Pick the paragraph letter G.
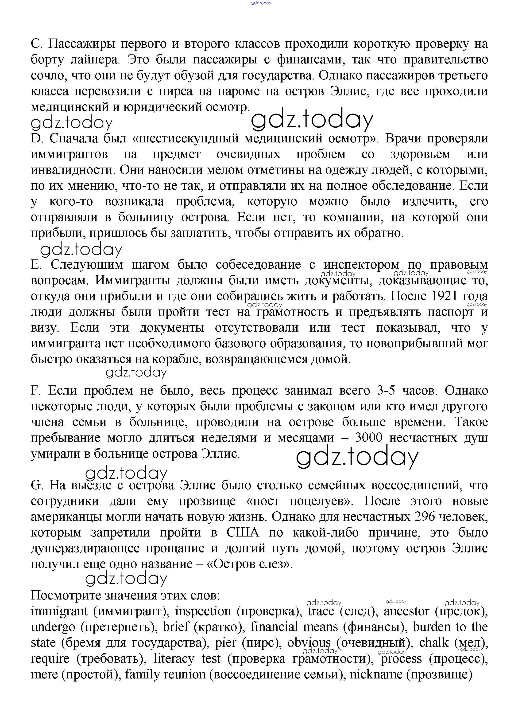[x=37, y=485]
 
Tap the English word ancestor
[x=406, y=611]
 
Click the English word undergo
[x=53, y=627]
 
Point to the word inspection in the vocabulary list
[x=203, y=611]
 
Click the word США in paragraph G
[x=243, y=533]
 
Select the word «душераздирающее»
[x=85, y=548]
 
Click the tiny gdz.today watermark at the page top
[x=261, y=3]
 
